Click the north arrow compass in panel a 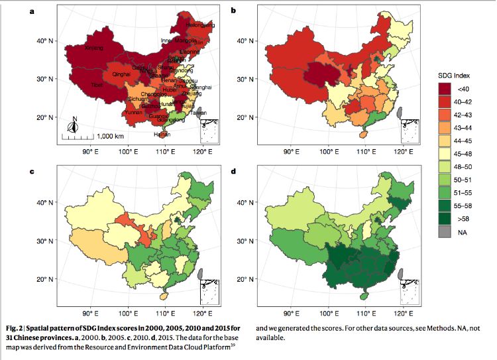click(75, 123)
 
